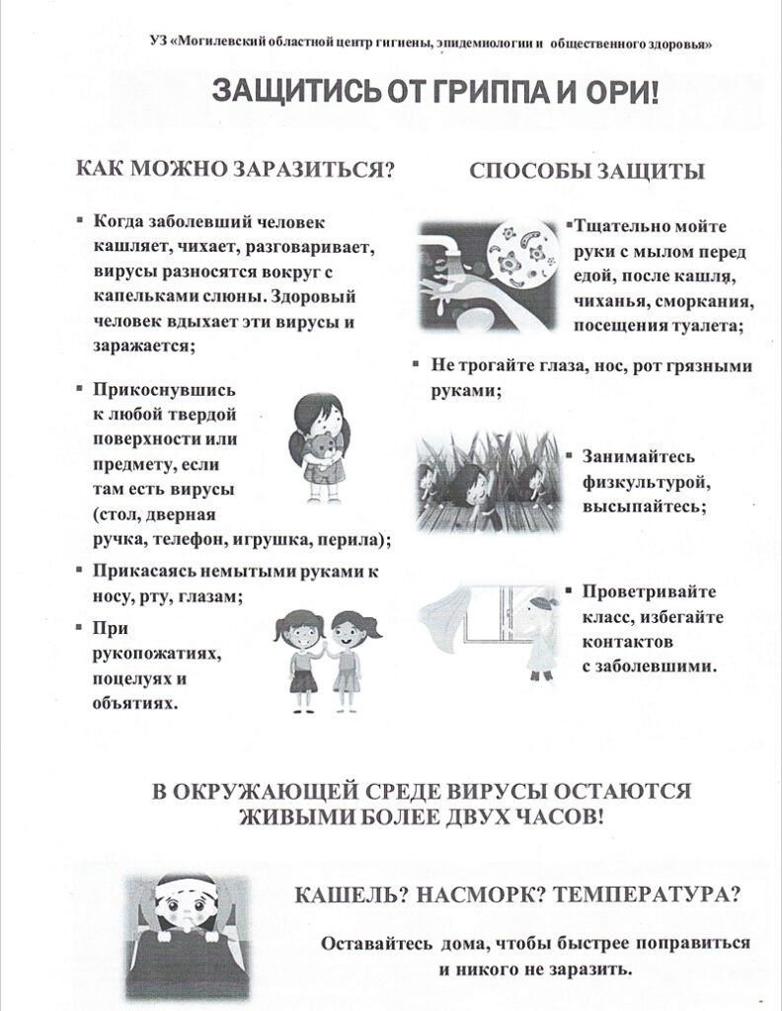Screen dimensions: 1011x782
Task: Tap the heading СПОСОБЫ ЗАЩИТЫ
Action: click(x=586, y=171)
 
